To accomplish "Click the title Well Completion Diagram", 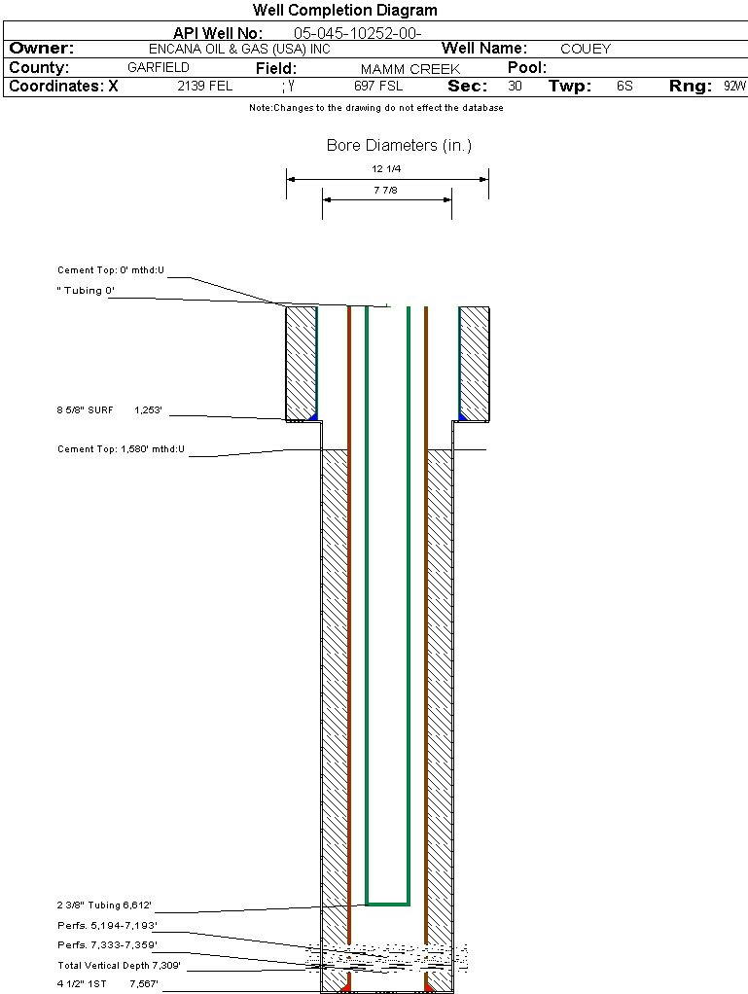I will (344, 11).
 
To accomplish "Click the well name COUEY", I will (586, 49).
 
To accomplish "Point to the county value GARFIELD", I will (159, 68).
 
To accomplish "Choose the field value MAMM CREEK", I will (410, 69).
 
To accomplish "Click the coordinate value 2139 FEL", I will (204, 87).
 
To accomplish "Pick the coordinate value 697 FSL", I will (378, 87).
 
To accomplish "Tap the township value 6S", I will (624, 87).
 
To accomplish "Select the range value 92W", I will (734, 87).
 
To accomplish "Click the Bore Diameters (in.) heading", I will (399, 146).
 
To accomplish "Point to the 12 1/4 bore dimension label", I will (386, 169).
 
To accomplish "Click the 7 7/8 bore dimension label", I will (386, 191).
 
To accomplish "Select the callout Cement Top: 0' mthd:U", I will (111, 270).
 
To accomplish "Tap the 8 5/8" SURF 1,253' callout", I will (115, 411).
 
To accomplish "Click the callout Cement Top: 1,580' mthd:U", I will (121, 449).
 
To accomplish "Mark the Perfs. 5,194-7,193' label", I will (107, 926).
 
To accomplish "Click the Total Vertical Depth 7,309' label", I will (119, 965).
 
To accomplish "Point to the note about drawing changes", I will (376, 108).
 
